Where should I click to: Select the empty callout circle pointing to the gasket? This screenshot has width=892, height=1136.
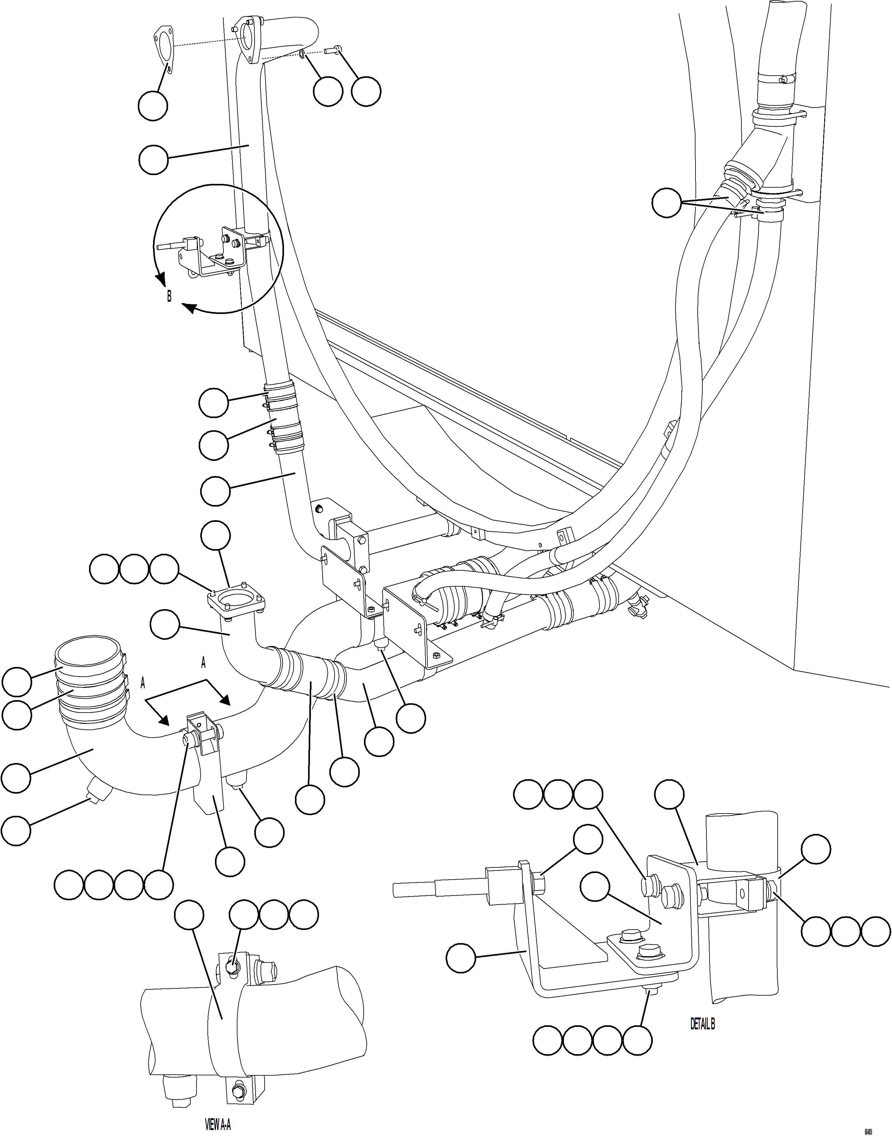coord(153,106)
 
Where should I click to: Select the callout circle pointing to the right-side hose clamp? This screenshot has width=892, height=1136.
coord(667,203)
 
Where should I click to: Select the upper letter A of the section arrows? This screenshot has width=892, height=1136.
coord(203,663)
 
